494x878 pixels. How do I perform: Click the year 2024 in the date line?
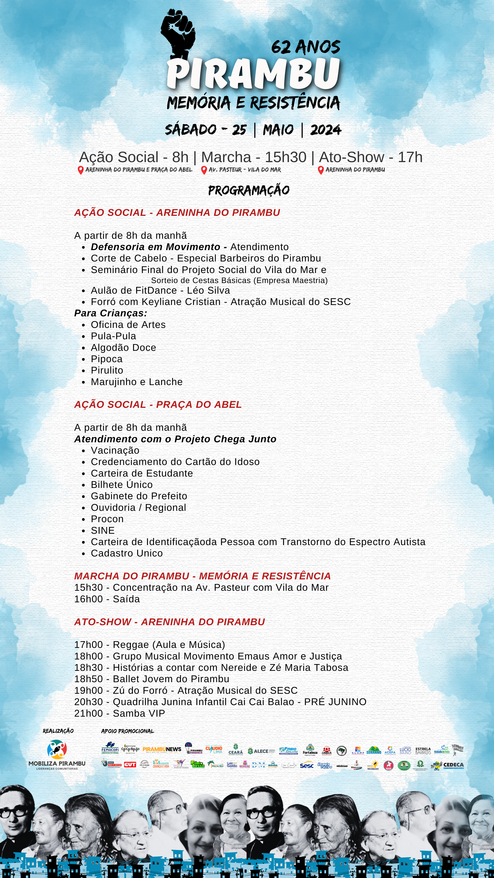(326, 130)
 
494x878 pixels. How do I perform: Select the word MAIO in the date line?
(278, 130)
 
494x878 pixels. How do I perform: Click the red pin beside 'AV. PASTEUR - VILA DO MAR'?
(204, 170)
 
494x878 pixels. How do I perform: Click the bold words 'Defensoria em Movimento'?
(155, 247)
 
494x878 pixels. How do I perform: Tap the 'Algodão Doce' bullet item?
(123, 348)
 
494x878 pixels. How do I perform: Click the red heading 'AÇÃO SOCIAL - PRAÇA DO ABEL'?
(158, 405)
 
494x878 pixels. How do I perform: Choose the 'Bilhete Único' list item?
(122, 485)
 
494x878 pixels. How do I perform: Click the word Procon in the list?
(107, 519)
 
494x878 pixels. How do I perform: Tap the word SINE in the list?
(103, 531)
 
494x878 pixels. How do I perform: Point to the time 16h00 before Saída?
(88, 599)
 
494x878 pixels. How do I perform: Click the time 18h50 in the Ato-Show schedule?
(88, 679)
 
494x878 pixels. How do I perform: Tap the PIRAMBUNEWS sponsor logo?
(162, 750)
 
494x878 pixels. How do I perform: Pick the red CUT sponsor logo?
(130, 765)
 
